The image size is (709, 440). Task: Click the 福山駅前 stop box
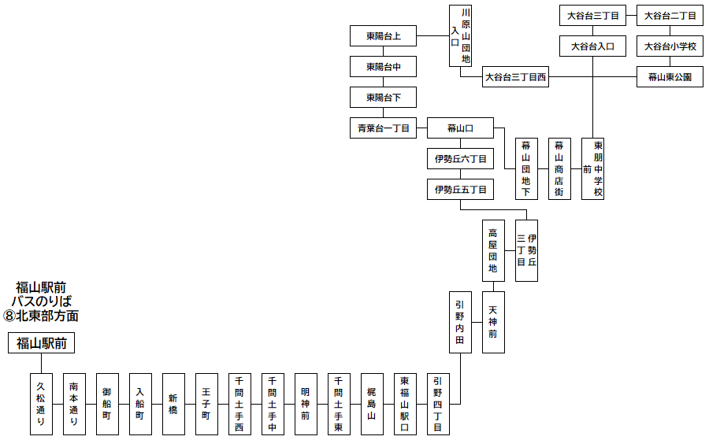click(41, 343)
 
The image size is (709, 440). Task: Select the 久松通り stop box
click(41, 403)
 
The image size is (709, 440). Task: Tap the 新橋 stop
click(173, 403)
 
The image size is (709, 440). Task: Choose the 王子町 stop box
click(206, 403)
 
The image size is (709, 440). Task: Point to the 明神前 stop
click(306, 403)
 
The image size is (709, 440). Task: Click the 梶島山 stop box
click(372, 403)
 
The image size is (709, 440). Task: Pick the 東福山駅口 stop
click(405, 403)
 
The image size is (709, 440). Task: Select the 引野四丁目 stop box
click(438, 403)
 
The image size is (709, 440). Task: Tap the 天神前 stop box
click(493, 323)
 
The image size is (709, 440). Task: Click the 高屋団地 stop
click(493, 250)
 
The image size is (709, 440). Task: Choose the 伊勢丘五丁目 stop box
click(461, 190)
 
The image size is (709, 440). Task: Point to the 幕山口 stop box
click(461, 128)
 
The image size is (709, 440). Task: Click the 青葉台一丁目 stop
click(383, 128)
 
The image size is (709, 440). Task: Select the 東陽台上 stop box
click(383, 36)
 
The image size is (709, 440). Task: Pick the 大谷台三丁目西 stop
click(515, 77)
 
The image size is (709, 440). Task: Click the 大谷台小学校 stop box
click(670, 46)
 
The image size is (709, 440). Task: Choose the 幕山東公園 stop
click(670, 77)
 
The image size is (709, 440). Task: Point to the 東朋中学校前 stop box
click(592, 169)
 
